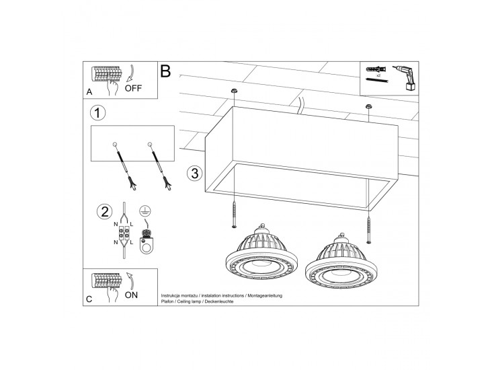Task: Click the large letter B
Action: click(x=165, y=71)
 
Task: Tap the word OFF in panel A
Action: click(x=133, y=88)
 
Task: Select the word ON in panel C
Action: click(x=131, y=295)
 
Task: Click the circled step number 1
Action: click(x=97, y=113)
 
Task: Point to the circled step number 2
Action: click(x=105, y=211)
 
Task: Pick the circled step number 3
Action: click(x=194, y=173)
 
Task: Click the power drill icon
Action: click(x=405, y=77)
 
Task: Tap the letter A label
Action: click(x=89, y=92)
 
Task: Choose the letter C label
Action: click(x=89, y=299)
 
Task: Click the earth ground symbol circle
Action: click(x=144, y=211)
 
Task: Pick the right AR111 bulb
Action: click(x=341, y=258)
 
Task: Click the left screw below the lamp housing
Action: click(x=234, y=215)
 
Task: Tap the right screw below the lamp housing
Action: click(x=369, y=231)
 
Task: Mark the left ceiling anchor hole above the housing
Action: click(x=234, y=91)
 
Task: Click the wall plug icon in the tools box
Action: click(x=376, y=69)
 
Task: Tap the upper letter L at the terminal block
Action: click(x=132, y=224)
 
